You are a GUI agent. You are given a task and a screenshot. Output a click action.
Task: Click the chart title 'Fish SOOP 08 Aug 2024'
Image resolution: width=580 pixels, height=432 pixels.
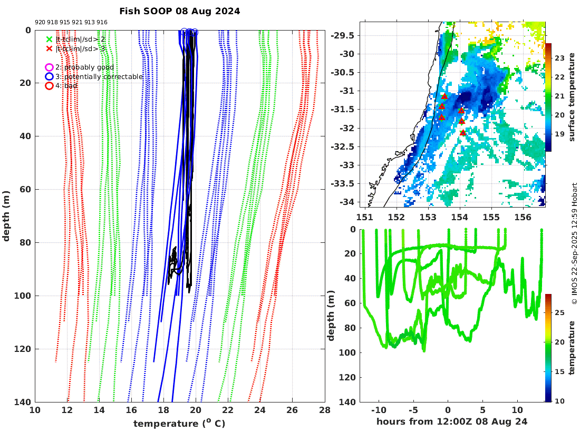click(179, 11)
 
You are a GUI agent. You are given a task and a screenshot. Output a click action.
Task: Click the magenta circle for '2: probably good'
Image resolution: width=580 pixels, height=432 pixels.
click(49, 67)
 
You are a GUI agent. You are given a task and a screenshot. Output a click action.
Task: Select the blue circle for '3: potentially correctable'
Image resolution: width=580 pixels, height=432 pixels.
click(49, 77)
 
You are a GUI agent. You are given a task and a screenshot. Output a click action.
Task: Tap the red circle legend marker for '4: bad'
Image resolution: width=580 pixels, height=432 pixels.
click(49, 86)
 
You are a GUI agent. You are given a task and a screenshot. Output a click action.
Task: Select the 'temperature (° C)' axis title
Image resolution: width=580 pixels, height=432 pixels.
click(179, 424)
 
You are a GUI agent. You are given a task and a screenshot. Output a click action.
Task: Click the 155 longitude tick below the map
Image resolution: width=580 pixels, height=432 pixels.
click(491, 217)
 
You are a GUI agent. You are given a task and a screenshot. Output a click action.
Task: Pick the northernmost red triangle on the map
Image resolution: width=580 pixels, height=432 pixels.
click(444, 96)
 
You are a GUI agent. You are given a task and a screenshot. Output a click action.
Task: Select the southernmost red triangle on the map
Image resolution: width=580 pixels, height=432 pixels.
click(463, 133)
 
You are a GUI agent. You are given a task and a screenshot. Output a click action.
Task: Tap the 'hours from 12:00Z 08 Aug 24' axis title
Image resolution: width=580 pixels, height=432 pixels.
click(452, 421)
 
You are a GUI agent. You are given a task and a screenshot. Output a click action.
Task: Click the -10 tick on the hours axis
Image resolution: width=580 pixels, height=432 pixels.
click(378, 410)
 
